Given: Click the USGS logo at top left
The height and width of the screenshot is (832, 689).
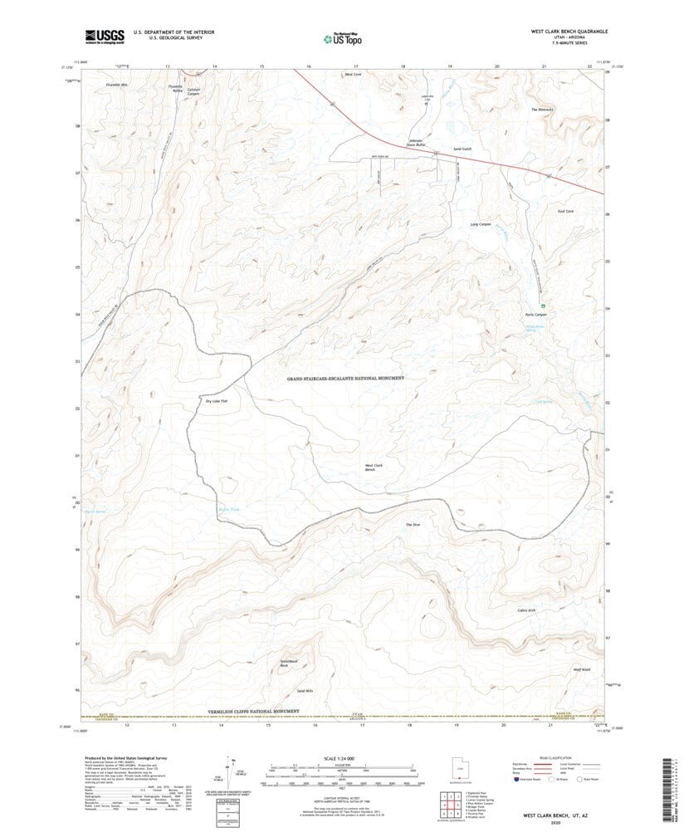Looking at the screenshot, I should (104, 36).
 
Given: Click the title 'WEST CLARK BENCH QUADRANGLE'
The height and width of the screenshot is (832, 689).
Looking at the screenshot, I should (569, 30).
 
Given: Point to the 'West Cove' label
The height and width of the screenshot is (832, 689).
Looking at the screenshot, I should (354, 75).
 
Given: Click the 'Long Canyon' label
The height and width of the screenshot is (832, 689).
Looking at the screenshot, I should (481, 224).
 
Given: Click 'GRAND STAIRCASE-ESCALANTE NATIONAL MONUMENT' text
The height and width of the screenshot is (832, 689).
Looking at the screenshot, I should (345, 378).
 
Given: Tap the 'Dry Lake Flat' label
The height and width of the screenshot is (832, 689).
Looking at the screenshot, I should (217, 401).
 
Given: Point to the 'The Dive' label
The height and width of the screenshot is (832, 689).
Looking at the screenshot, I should (413, 525).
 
